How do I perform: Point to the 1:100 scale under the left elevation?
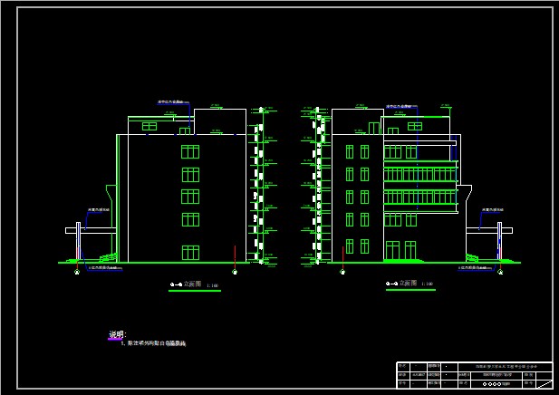pos(213,284)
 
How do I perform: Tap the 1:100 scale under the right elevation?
pos(428,284)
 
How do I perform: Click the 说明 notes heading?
pos(116,335)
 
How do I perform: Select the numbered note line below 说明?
pos(154,344)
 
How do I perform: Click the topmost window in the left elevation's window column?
pos(190,150)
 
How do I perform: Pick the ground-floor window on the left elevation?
pos(190,252)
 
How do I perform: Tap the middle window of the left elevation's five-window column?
pos(190,197)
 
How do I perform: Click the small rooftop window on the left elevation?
pos(149,126)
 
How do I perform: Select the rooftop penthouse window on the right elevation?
pos(414,126)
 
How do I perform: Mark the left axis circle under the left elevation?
pos(76,272)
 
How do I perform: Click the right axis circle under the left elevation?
pos(235,272)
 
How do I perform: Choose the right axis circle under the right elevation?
pos(500,272)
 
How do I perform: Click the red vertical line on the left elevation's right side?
pos(235,257)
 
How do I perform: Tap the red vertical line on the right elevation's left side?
pos(342,254)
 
